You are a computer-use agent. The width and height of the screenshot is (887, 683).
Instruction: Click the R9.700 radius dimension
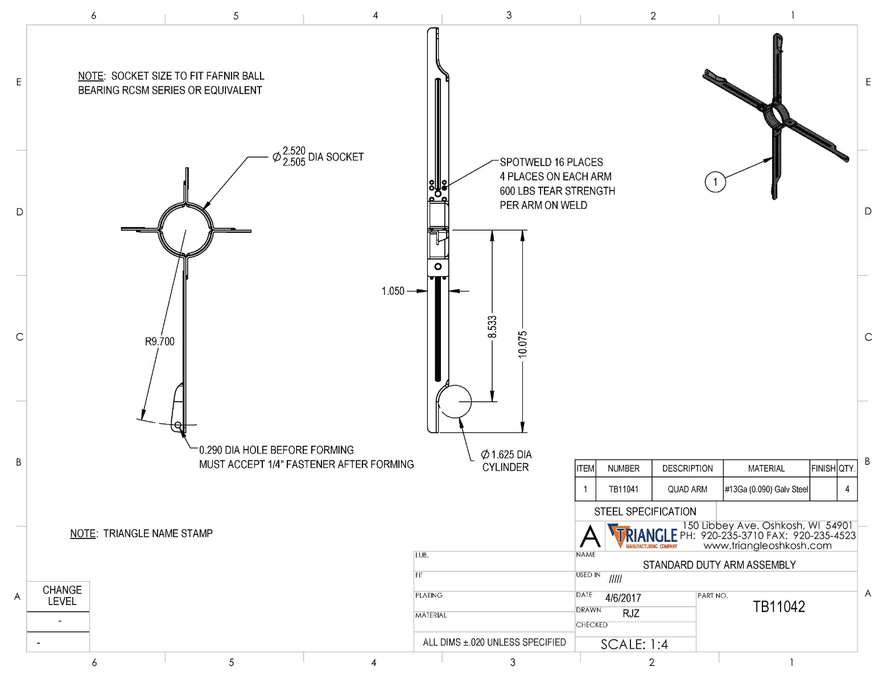159,341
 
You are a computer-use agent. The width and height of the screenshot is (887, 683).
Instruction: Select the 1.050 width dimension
393,291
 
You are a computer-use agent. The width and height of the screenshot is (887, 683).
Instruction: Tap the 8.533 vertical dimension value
493,327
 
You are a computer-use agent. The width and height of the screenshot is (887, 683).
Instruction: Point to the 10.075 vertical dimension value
523,344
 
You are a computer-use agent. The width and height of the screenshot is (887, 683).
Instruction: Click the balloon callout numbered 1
715,182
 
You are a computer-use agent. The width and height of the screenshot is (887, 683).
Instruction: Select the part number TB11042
779,607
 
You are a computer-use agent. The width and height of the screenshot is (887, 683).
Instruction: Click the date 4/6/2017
623,598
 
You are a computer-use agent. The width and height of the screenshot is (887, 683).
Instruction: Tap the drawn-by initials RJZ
631,614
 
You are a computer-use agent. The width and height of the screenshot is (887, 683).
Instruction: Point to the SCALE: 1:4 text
634,644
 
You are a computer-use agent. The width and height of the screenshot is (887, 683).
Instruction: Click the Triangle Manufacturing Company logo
643,536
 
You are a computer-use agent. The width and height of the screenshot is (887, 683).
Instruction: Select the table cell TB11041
624,489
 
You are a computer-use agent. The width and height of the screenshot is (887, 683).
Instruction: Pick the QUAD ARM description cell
687,489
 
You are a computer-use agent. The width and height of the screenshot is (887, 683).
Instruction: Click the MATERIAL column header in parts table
766,468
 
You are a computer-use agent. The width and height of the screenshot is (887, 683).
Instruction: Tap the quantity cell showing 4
847,489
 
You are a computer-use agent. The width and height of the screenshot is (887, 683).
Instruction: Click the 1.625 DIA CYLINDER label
506,460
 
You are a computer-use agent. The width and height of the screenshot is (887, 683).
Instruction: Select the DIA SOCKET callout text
336,157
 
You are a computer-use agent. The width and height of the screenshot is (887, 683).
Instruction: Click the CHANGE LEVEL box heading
62,595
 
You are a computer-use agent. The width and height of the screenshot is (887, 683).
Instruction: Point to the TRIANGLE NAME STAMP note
141,533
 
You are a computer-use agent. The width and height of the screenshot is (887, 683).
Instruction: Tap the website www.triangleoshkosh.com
768,545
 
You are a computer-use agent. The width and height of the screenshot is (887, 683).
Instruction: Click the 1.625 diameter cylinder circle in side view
456,401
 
